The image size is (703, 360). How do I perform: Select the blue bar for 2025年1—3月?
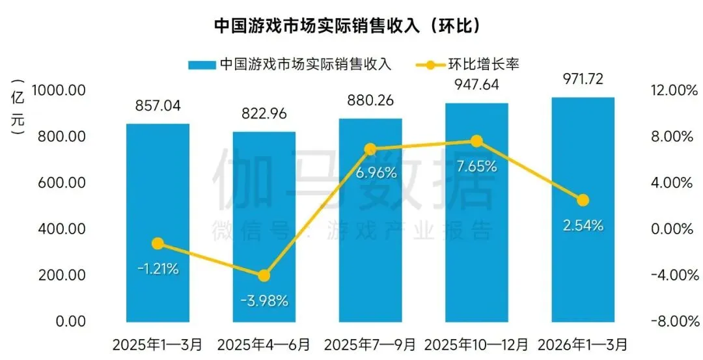click(158, 221)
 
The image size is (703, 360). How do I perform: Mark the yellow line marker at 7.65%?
click(476, 141)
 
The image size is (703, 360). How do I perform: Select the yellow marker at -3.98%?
click(264, 275)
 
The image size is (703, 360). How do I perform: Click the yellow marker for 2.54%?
click(583, 200)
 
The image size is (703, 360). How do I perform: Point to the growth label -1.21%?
click(158, 268)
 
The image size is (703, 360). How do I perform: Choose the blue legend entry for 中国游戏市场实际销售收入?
click(290, 64)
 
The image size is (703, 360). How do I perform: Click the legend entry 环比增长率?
click(471, 64)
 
